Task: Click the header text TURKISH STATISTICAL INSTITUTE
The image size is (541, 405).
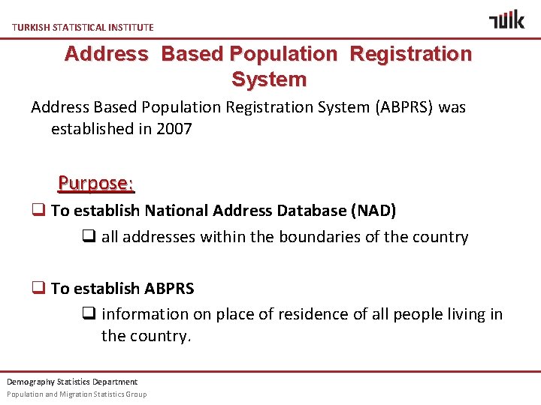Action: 83,27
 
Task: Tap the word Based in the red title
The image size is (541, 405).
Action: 193,54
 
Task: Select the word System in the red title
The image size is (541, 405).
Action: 269,79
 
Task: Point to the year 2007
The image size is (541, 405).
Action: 174,129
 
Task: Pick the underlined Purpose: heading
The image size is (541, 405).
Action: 96,183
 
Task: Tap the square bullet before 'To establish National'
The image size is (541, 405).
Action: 38,211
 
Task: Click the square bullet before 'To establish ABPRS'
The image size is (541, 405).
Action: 38,288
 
